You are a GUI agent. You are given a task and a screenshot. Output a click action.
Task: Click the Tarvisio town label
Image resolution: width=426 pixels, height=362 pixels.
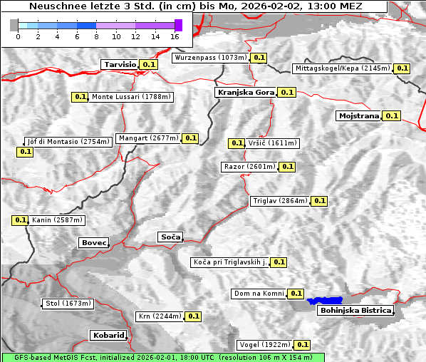pyautogui.click(x=120, y=64)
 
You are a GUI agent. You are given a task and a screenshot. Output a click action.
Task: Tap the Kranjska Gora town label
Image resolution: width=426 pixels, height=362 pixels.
pyautogui.click(x=244, y=92)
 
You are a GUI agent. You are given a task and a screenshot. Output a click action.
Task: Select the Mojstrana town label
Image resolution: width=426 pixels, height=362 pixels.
pyautogui.click(x=358, y=115)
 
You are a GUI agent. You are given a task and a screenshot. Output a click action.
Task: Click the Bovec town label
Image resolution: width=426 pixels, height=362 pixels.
pyautogui.click(x=93, y=243)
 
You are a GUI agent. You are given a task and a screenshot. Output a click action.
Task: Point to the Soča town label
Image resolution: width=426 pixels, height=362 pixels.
pyautogui.click(x=170, y=237)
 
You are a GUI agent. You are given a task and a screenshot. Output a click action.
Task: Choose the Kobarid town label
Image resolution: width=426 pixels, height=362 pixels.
pyautogui.click(x=108, y=335)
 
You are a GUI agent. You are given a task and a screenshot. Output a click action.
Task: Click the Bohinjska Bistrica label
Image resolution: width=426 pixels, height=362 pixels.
pyautogui.click(x=355, y=311)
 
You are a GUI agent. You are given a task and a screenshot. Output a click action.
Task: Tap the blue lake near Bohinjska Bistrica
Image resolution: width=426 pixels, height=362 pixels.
pyautogui.click(x=325, y=301)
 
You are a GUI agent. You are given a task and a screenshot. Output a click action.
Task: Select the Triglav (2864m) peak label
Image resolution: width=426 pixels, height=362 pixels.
pyautogui.click(x=279, y=201)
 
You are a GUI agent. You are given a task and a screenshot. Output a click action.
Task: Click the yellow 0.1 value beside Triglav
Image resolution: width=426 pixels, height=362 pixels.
pyautogui.click(x=319, y=201)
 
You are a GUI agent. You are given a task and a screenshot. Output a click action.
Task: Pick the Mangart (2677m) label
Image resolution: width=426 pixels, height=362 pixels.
pyautogui.click(x=148, y=138)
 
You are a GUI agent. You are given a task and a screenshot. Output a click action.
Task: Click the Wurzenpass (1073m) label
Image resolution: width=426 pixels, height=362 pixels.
pyautogui.click(x=211, y=58)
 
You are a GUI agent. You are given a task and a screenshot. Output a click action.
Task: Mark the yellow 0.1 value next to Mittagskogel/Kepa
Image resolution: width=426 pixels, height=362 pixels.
pyautogui.click(x=402, y=68)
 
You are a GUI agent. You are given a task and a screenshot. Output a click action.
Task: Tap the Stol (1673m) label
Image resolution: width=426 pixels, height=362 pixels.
pyautogui.click(x=68, y=304)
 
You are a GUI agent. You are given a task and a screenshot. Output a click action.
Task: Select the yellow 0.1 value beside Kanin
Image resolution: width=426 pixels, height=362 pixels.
pyautogui.click(x=20, y=220)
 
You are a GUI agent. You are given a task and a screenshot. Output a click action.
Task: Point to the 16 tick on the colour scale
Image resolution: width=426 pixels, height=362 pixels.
pyautogui.click(x=175, y=36)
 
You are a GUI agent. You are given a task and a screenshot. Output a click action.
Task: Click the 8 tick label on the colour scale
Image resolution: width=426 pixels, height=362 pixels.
pyautogui.click(x=97, y=36)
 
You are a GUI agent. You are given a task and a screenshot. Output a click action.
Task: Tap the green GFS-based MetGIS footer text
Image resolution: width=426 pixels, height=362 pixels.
pyautogui.click(x=162, y=357)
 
